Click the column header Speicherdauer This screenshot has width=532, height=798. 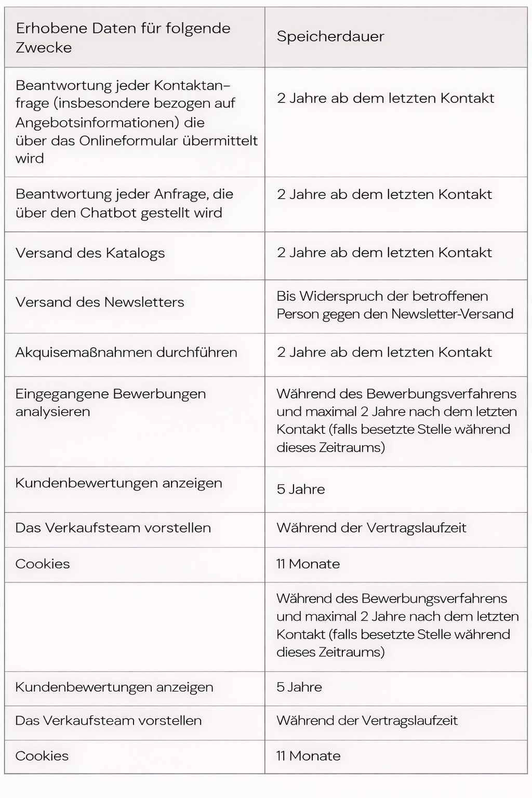330,37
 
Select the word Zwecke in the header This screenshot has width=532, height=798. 44,48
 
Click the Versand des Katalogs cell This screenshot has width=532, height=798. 90,254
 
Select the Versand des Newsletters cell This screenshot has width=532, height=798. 100,302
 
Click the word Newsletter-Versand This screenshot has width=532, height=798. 452,314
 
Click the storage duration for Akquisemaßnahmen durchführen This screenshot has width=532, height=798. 384,353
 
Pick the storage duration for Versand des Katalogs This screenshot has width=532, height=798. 384,253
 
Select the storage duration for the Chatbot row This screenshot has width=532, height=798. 384,195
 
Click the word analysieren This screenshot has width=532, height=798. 52,412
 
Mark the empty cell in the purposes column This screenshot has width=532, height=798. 135,627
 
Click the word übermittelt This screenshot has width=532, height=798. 227,141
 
